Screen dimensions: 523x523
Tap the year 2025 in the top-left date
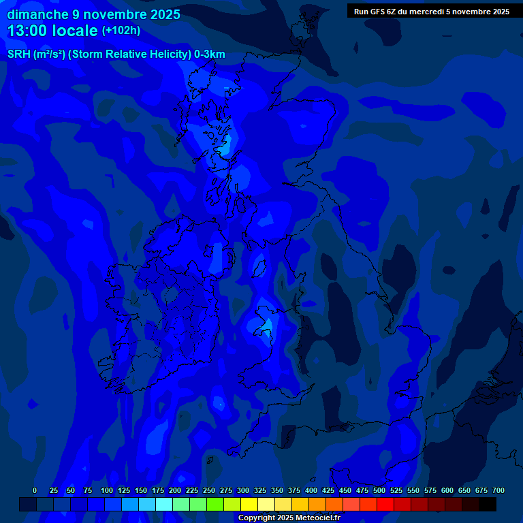(x=164, y=14)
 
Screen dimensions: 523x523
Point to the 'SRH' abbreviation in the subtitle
(x=19, y=54)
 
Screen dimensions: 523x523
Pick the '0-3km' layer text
(x=210, y=54)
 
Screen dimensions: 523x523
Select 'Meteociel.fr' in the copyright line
(x=315, y=518)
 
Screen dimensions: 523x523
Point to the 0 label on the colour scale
(x=35, y=490)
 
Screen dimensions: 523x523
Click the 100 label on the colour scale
(x=107, y=490)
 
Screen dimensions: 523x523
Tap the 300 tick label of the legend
(x=243, y=490)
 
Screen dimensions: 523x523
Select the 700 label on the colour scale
(x=498, y=490)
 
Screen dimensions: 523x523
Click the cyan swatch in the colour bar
(x=164, y=505)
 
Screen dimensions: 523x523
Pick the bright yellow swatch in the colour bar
(x=249, y=505)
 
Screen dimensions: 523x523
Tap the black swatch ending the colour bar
(x=488, y=505)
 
